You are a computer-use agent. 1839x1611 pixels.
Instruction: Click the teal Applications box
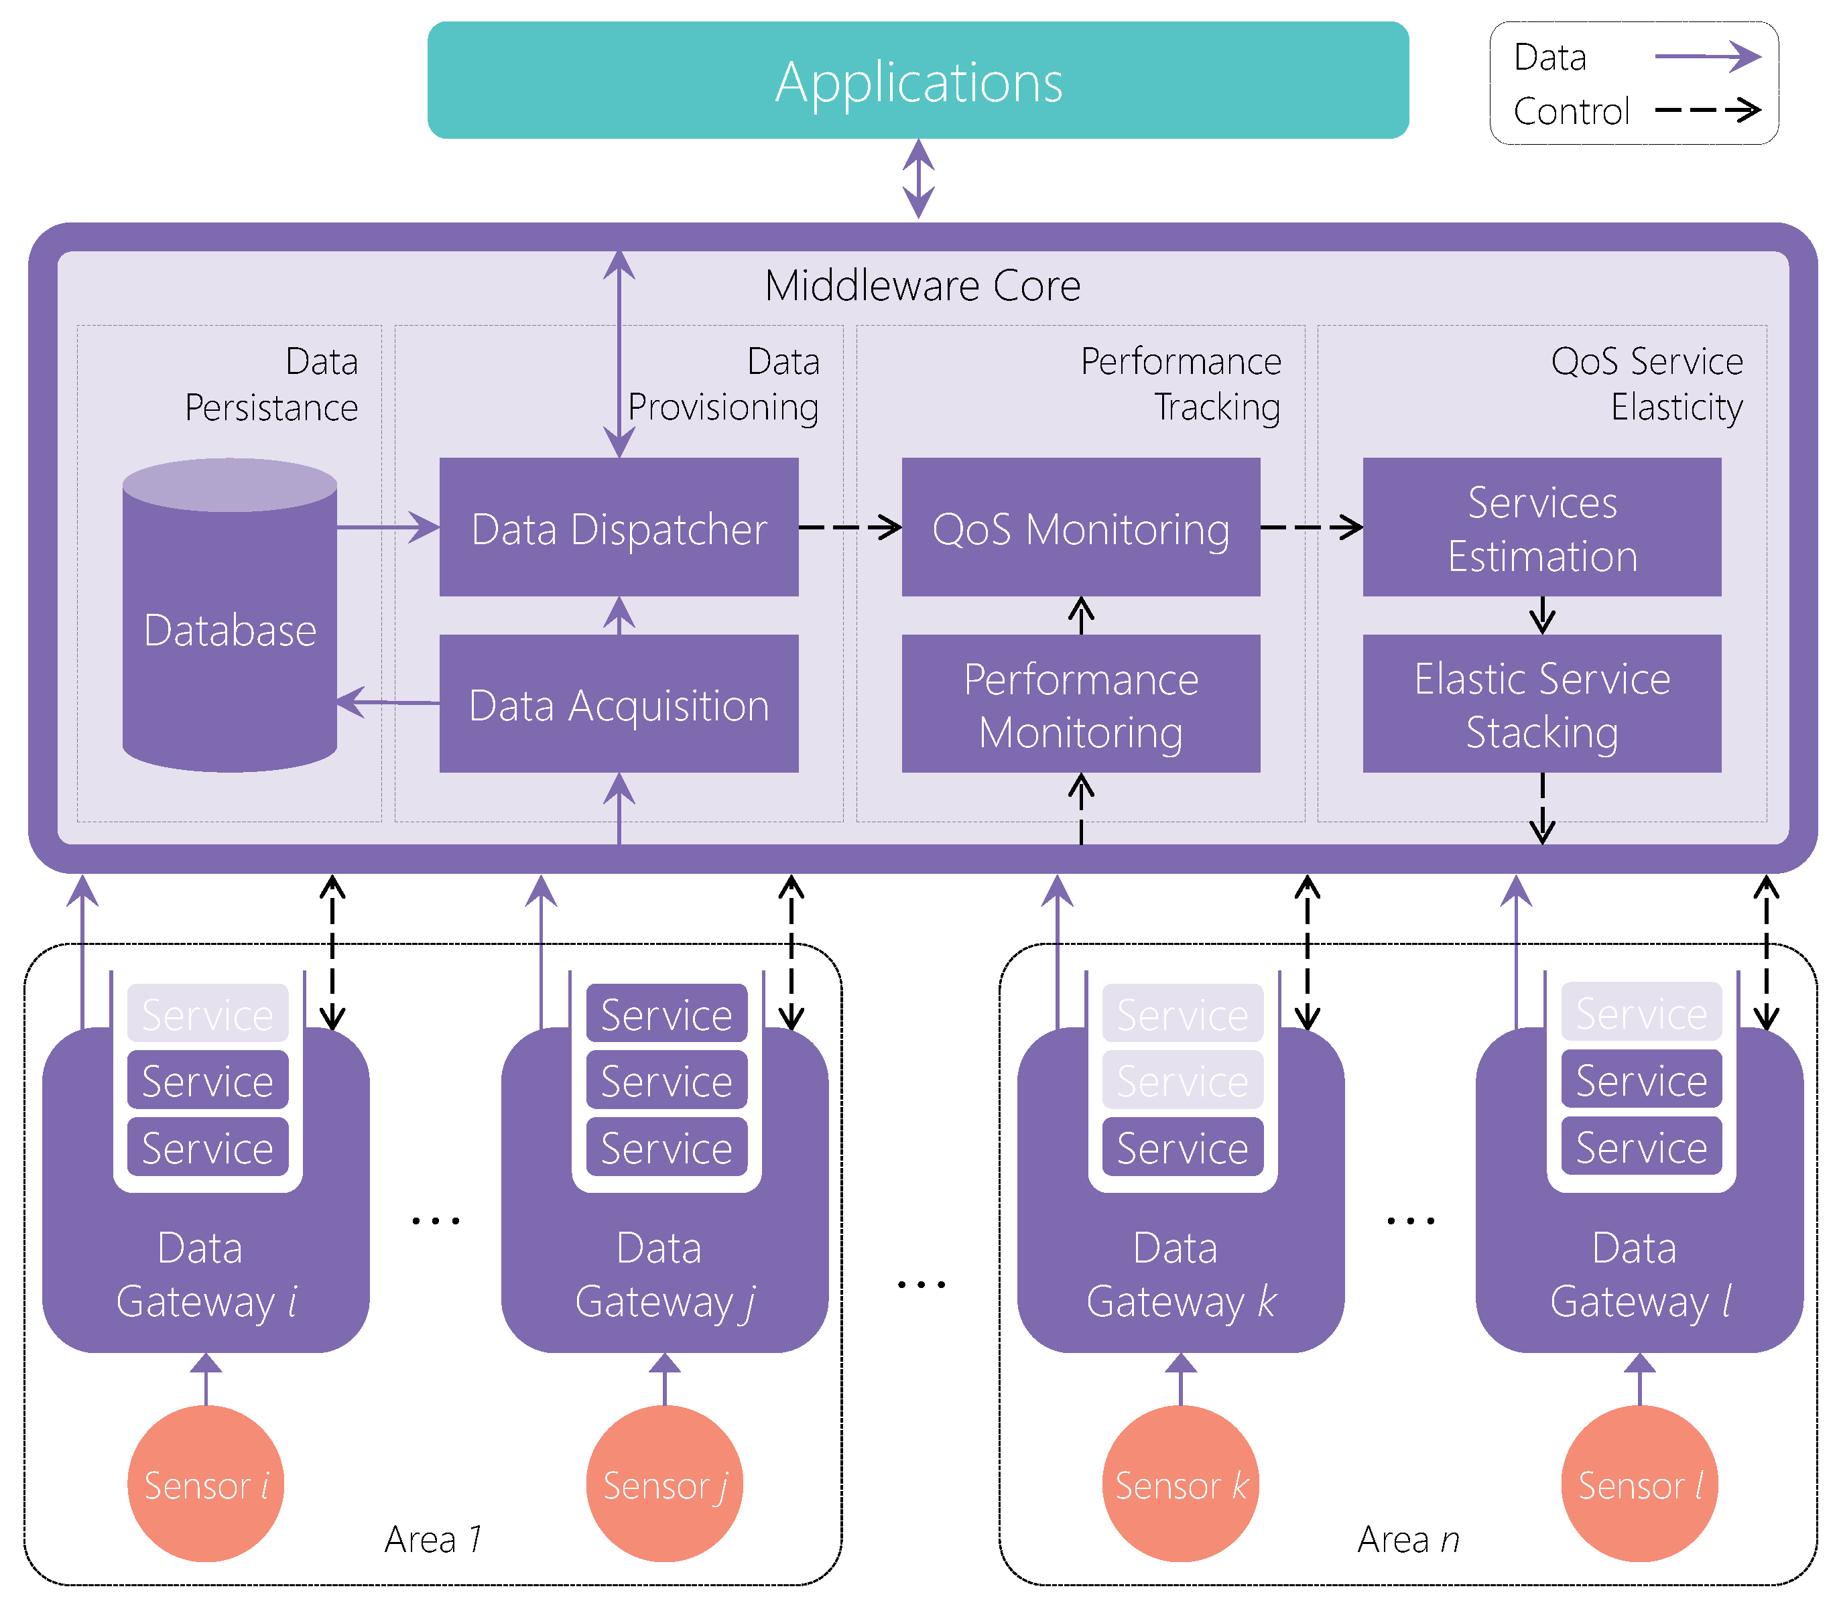click(x=917, y=81)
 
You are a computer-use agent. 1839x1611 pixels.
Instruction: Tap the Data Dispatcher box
click(x=619, y=527)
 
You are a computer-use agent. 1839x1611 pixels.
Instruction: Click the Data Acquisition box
click(x=619, y=704)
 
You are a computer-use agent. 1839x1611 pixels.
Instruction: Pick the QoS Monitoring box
click(x=1080, y=527)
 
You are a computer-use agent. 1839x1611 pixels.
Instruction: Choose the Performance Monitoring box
click(x=1080, y=704)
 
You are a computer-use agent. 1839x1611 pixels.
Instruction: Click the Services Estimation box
click(x=1541, y=527)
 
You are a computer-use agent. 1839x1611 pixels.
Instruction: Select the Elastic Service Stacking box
click(x=1541, y=704)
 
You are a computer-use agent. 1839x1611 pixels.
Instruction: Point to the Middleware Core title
click(x=922, y=286)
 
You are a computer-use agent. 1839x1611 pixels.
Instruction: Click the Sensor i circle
click(x=206, y=1485)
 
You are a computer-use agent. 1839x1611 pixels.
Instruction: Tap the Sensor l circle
click(x=1639, y=1485)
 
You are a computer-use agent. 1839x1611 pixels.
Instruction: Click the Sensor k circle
click(x=1180, y=1485)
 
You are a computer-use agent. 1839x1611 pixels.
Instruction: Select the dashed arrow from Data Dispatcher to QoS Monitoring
click(x=849, y=527)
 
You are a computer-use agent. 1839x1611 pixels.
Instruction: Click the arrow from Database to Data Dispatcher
click(x=387, y=527)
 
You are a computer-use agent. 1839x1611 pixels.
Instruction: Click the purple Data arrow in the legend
click(x=1707, y=57)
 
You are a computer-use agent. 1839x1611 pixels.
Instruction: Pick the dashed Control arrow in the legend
click(x=1707, y=111)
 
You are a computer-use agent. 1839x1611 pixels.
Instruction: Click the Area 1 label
click(x=433, y=1539)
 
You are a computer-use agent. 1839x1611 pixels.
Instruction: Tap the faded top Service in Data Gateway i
click(x=208, y=1014)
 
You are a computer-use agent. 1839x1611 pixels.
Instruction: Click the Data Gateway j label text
click(x=664, y=1275)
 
